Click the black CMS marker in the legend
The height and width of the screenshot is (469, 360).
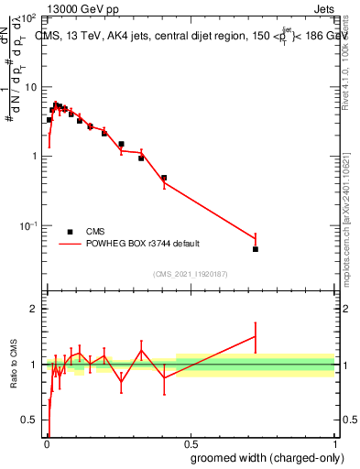click(71, 232)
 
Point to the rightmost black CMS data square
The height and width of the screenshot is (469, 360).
click(256, 249)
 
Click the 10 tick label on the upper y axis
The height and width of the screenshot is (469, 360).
click(29, 87)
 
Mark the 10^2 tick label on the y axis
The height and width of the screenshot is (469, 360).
click(28, 18)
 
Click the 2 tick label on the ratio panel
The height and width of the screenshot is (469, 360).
click(34, 310)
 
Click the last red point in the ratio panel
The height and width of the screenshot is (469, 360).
click(256, 337)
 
